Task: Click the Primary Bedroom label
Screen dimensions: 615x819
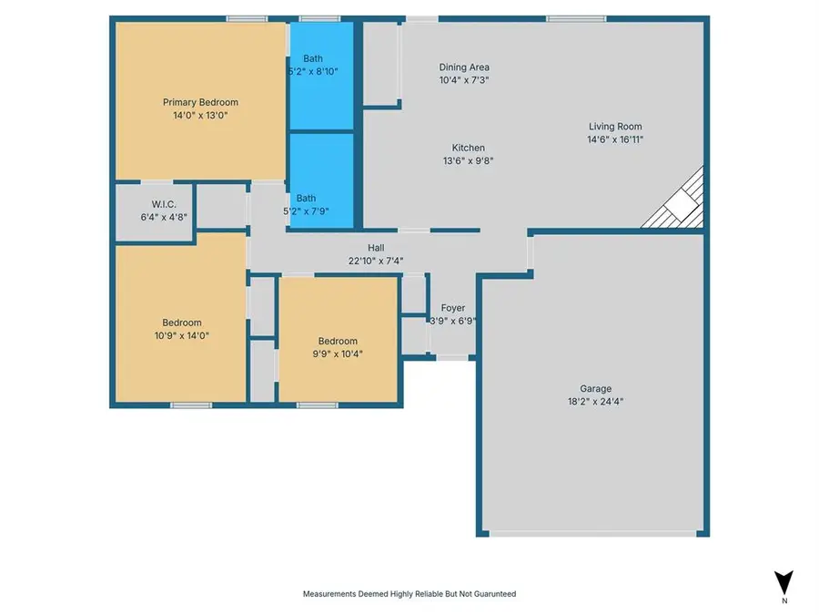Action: click(x=200, y=102)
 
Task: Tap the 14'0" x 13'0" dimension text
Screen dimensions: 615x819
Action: click(x=200, y=116)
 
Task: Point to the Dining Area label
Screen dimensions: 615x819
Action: click(x=465, y=67)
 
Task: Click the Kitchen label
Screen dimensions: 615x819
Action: click(x=469, y=148)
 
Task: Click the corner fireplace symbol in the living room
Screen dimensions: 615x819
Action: click(x=679, y=203)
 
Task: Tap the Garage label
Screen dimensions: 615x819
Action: click(x=596, y=388)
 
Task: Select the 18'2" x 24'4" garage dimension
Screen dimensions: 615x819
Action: click(x=596, y=401)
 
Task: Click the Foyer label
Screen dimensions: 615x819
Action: click(x=453, y=308)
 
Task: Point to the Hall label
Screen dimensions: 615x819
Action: click(x=376, y=248)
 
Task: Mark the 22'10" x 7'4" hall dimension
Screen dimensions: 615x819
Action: click(x=376, y=261)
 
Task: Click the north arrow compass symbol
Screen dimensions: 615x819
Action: click(x=784, y=583)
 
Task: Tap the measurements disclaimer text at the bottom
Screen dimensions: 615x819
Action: click(x=409, y=594)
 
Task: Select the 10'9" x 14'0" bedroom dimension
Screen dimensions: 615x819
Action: click(x=182, y=335)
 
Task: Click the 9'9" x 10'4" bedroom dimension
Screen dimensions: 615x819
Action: click(x=339, y=354)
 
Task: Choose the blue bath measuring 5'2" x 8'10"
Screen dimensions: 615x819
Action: click(x=321, y=75)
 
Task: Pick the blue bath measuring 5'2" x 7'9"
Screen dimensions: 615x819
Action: click(x=321, y=178)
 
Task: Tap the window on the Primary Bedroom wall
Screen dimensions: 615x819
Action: click(x=247, y=18)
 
